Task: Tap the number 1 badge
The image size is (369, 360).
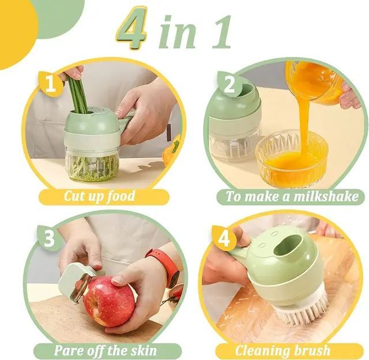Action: click(x=50, y=84)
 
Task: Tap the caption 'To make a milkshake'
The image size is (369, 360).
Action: click(x=292, y=196)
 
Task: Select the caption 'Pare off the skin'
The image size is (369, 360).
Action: click(x=106, y=350)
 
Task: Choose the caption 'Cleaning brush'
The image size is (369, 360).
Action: click(x=282, y=350)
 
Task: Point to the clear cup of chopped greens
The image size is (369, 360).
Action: click(x=92, y=164)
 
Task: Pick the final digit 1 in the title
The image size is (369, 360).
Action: click(x=221, y=32)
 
